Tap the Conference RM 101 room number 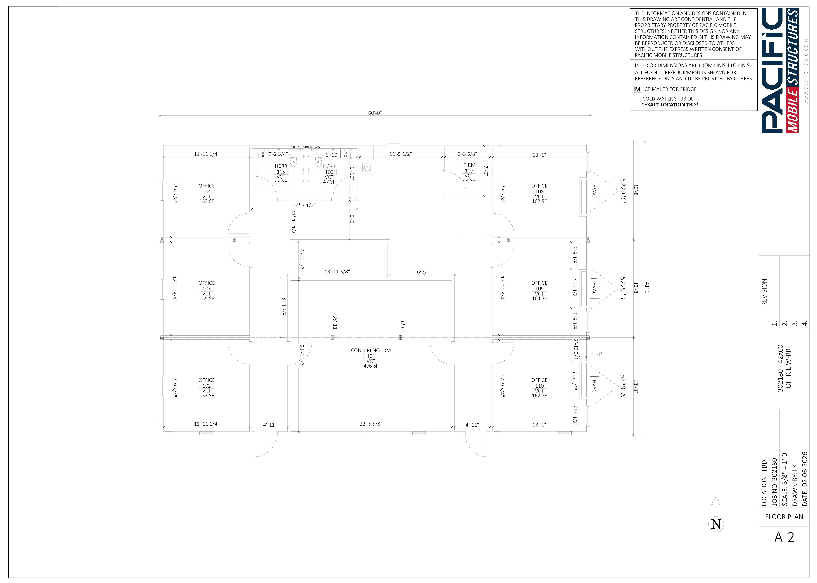[x=371, y=356]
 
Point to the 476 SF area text [x=371, y=366]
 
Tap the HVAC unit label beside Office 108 [x=594, y=191]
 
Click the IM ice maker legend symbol [x=637, y=89]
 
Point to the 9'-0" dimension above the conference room [x=422, y=273]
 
